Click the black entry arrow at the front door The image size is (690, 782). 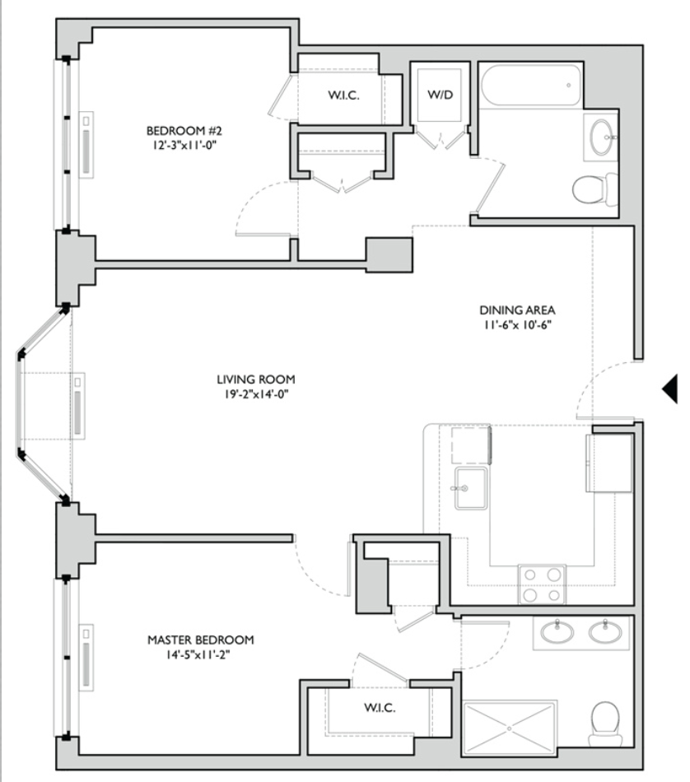tap(671, 389)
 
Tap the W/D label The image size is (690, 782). tap(440, 95)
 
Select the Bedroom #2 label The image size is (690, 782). tap(184, 131)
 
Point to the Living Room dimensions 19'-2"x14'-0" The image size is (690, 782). tap(256, 394)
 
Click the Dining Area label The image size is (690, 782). tap(517, 310)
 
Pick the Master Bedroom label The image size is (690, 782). tap(201, 640)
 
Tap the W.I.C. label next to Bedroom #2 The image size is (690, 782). tap(343, 95)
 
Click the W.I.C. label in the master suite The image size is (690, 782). tap(380, 707)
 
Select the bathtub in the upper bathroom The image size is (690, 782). tap(530, 85)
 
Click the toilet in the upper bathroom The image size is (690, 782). tap(594, 189)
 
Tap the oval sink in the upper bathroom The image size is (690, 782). tap(602, 137)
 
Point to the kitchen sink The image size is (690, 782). tap(470, 488)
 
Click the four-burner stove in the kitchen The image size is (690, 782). tap(542, 584)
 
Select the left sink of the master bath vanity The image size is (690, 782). tap(557, 632)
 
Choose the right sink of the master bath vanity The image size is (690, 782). tap(605, 632)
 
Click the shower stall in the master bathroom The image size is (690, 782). tap(509, 728)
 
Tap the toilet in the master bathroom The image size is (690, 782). tap(604, 724)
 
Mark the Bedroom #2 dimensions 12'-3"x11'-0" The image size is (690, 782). tap(184, 146)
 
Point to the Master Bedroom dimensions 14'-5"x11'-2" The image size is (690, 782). tap(198, 654)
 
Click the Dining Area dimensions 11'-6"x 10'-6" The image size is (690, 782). tap(517, 324)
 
